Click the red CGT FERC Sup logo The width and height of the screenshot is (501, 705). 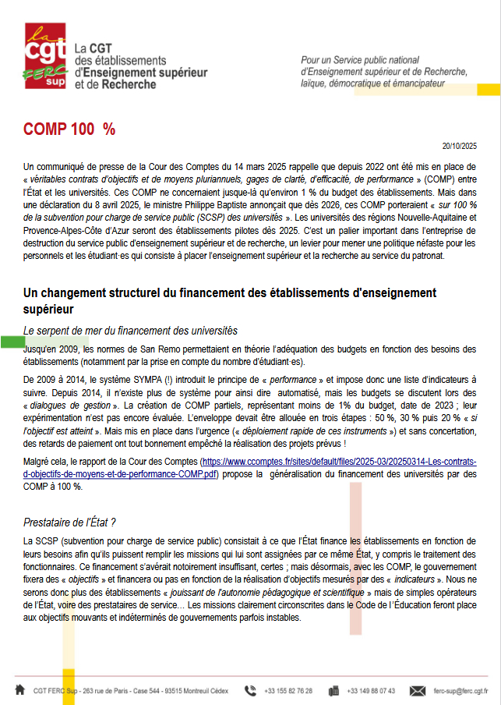(x=44, y=55)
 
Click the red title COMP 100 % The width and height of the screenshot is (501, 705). (x=69, y=129)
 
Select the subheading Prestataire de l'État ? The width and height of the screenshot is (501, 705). (x=69, y=522)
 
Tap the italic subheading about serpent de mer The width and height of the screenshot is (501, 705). (x=130, y=331)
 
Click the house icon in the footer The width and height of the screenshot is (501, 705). (x=19, y=690)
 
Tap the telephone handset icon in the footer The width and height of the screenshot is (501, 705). (x=250, y=690)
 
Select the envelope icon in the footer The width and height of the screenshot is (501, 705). (x=418, y=690)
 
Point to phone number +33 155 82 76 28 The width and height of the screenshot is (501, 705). (x=288, y=691)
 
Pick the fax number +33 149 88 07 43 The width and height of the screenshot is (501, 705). (x=371, y=691)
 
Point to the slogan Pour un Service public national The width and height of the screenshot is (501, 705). (x=371, y=60)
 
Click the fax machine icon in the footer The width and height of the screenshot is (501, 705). (x=333, y=690)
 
